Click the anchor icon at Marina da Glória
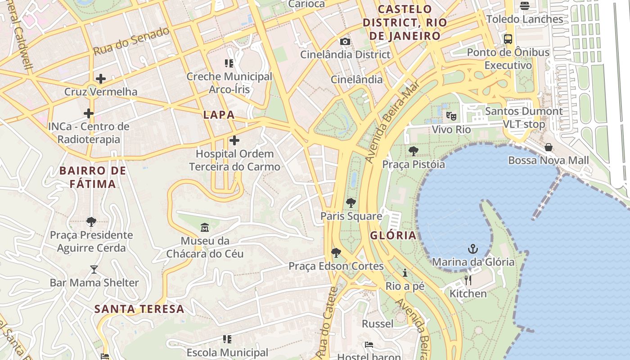[472, 249]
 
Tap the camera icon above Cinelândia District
[345, 42]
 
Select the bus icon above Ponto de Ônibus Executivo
[508, 39]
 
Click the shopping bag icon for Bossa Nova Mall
[548, 147]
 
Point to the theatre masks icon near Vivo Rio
[451, 116]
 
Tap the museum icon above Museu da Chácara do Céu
[205, 227]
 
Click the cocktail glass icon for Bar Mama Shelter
[94, 270]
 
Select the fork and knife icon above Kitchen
[468, 280]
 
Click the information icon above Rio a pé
[405, 273]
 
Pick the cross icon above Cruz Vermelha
[101, 79]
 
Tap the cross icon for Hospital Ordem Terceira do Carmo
[234, 141]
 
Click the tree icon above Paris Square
[351, 203]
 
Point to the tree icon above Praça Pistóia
[413, 151]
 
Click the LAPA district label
[219, 115]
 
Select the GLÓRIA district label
[393, 235]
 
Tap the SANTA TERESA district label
[139, 309]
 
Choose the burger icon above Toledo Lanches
[524, 6]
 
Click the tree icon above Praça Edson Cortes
[336, 253]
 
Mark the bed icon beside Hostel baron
[369, 345]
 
